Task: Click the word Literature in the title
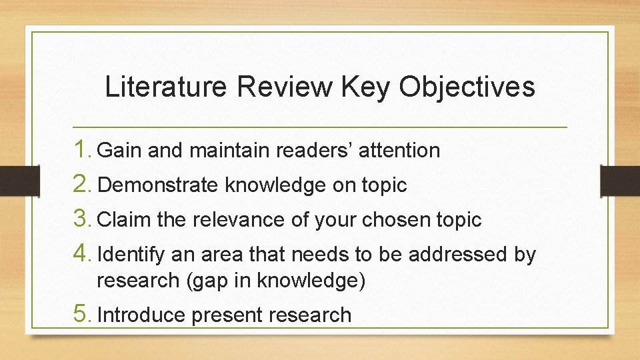tap(163, 87)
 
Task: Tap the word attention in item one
tap(399, 151)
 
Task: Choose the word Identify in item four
tap(131, 255)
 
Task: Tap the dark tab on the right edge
tap(620, 180)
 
